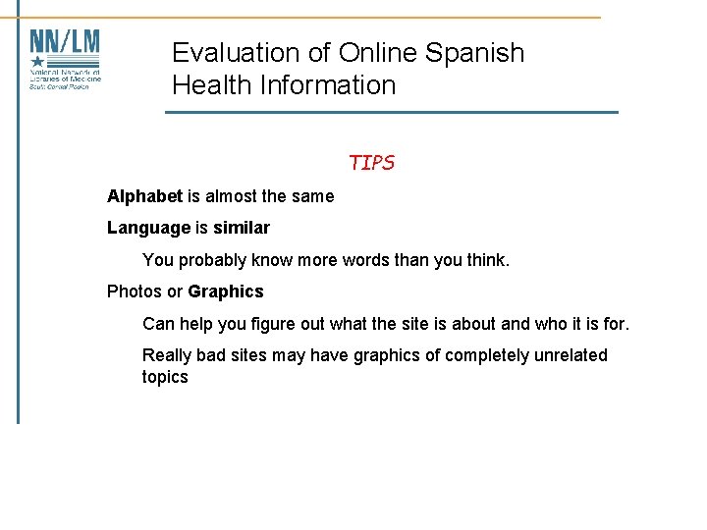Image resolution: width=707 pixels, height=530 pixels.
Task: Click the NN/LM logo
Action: pos(65,59)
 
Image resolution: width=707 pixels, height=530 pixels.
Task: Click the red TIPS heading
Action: pos(371,163)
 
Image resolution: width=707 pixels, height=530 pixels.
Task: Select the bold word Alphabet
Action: pos(144,196)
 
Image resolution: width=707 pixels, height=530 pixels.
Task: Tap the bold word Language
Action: pos(148,229)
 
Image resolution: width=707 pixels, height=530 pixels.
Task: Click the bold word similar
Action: pos(242,228)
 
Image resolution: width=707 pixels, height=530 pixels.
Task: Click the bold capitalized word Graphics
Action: pos(226,291)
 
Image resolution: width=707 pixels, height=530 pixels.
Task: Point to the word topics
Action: pos(165,377)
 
